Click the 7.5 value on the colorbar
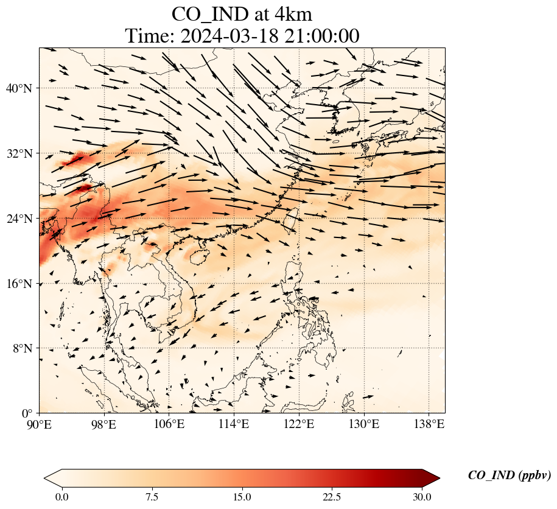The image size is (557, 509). coord(152,497)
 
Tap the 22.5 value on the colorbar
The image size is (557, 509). coord(332,497)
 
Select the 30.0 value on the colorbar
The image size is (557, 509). coord(422,497)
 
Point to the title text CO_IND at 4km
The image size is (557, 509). coord(242,13)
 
